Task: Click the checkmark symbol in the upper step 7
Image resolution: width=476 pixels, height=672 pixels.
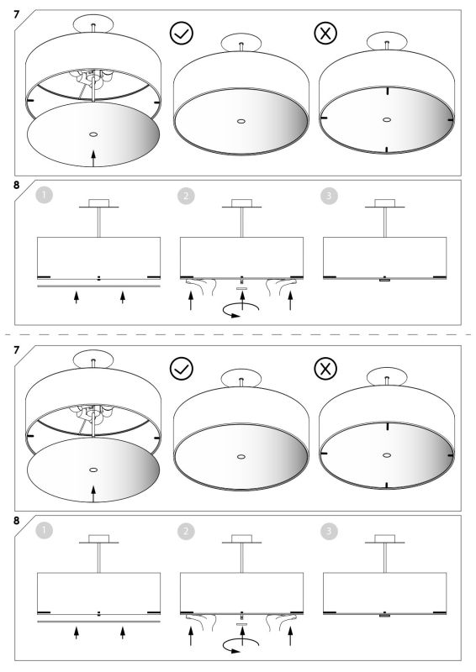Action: coord(182,34)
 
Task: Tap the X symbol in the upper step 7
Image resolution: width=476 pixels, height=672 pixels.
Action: coord(325,34)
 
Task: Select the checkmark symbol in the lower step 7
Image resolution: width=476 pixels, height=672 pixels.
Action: coord(182,369)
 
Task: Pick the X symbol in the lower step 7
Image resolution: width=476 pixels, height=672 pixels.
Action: coord(325,369)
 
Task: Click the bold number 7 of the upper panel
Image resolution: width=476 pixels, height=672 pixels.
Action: coord(17,14)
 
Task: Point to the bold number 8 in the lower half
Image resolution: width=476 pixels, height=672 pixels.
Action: coord(17,521)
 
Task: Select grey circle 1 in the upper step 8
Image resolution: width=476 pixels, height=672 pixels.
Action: coord(45,196)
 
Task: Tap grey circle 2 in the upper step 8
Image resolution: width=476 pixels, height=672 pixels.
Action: coord(186,196)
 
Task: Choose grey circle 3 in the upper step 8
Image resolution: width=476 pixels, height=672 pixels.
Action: coord(329,196)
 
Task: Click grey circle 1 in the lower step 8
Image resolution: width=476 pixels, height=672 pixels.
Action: coord(45,532)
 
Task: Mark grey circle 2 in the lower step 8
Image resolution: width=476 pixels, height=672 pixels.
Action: coord(186,532)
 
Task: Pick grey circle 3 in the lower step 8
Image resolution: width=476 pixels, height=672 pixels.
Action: coord(329,532)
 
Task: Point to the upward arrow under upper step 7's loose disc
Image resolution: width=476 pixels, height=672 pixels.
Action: coord(93,158)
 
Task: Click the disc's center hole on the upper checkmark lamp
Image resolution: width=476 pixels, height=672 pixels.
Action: coord(241,121)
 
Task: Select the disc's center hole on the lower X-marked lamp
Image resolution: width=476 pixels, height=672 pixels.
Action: coord(387,455)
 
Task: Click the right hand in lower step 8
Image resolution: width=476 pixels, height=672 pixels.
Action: coord(281,621)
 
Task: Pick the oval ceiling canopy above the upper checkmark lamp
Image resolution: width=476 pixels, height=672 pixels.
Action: coord(241,43)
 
